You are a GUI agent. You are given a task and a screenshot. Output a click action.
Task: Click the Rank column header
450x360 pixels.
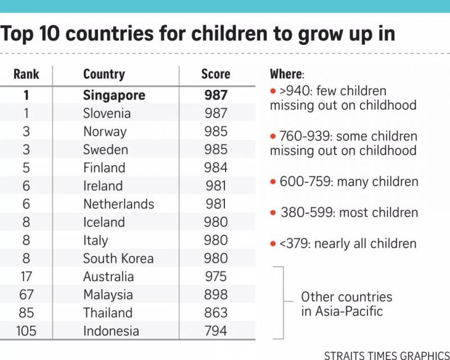tap(26, 74)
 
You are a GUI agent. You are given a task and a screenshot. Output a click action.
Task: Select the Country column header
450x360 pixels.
tap(103, 74)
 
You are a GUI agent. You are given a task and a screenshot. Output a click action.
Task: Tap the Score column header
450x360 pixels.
tap(215, 74)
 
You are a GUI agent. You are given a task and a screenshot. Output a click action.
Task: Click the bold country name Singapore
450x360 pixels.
tap(114, 95)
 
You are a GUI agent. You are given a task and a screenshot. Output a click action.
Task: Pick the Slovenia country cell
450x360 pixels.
tap(106, 113)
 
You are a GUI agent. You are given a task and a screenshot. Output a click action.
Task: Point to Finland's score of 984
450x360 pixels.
tap(216, 168)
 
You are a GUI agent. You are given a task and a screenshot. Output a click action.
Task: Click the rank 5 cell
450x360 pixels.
tap(26, 168)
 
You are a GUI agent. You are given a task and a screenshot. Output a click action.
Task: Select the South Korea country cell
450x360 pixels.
tap(118, 258)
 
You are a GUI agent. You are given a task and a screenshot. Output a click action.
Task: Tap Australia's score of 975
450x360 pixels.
tap(216, 276)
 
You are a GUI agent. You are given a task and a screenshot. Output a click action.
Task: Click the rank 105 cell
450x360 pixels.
tap(26, 331)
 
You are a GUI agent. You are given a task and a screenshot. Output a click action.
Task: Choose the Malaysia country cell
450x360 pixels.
tap(108, 294)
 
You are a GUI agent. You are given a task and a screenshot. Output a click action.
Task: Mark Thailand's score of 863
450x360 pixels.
tap(216, 313)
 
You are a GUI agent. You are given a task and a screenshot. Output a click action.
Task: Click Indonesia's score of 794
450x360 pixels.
tap(216, 331)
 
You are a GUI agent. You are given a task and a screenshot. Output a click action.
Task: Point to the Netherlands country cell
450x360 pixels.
tap(118, 204)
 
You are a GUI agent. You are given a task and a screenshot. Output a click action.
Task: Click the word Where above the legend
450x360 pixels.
tap(286, 74)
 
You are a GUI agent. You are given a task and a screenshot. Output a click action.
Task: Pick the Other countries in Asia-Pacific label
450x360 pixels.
tap(346, 304)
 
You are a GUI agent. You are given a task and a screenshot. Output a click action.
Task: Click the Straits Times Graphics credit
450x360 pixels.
tap(387, 355)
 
